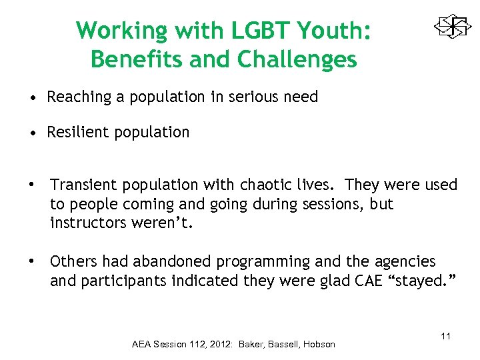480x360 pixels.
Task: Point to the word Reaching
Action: (75, 97)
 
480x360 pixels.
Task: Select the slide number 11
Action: (445, 336)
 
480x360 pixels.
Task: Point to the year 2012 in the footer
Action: (217, 345)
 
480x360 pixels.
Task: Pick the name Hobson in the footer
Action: (318, 345)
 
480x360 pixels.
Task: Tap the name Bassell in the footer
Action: (279, 345)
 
